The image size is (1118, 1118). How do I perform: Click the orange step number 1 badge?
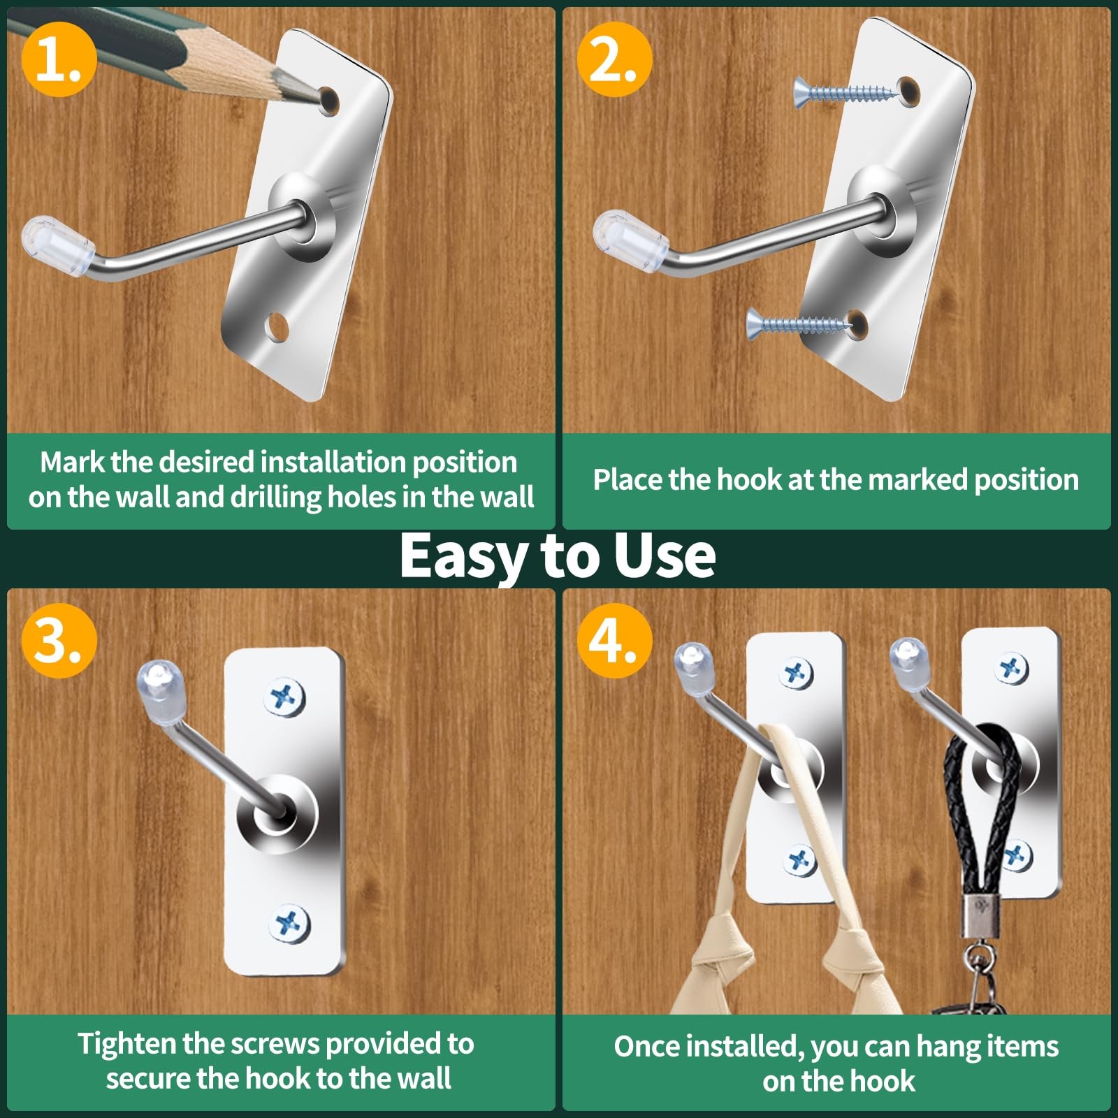pyautogui.click(x=59, y=59)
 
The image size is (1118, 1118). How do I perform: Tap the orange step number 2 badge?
pyautogui.click(x=614, y=59)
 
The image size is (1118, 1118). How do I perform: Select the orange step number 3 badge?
pyautogui.click(x=59, y=640)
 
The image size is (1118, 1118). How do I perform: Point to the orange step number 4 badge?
pyautogui.click(x=614, y=640)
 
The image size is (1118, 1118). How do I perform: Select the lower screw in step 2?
pyautogui.click(x=799, y=322)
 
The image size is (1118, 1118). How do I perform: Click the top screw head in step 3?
pyautogui.click(x=286, y=697)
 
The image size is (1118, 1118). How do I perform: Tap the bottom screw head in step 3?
pyautogui.click(x=289, y=924)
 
